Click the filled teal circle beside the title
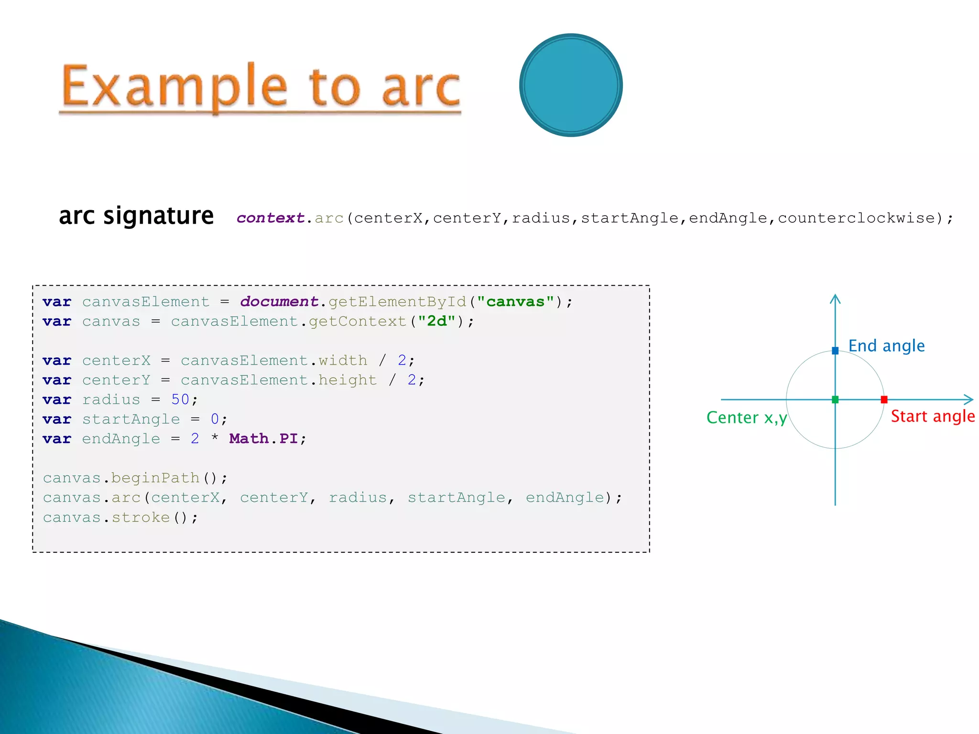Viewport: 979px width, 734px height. point(571,85)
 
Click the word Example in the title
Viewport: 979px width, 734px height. point(174,86)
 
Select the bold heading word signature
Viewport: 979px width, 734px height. point(158,216)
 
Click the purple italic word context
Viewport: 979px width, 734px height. point(270,218)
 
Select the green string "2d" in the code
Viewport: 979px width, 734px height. point(436,322)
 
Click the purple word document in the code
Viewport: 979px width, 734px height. point(279,302)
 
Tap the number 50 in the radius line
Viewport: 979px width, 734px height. point(180,399)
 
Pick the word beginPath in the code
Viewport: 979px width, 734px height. point(155,478)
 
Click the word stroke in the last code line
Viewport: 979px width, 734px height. point(141,517)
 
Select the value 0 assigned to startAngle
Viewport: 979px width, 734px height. point(215,419)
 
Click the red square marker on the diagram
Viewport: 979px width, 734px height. point(884,399)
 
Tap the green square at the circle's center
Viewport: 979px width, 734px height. point(835,399)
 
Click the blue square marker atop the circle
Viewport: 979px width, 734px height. point(835,351)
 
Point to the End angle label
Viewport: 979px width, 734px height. point(886,345)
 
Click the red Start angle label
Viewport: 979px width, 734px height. point(933,416)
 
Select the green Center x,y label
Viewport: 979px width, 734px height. point(746,418)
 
